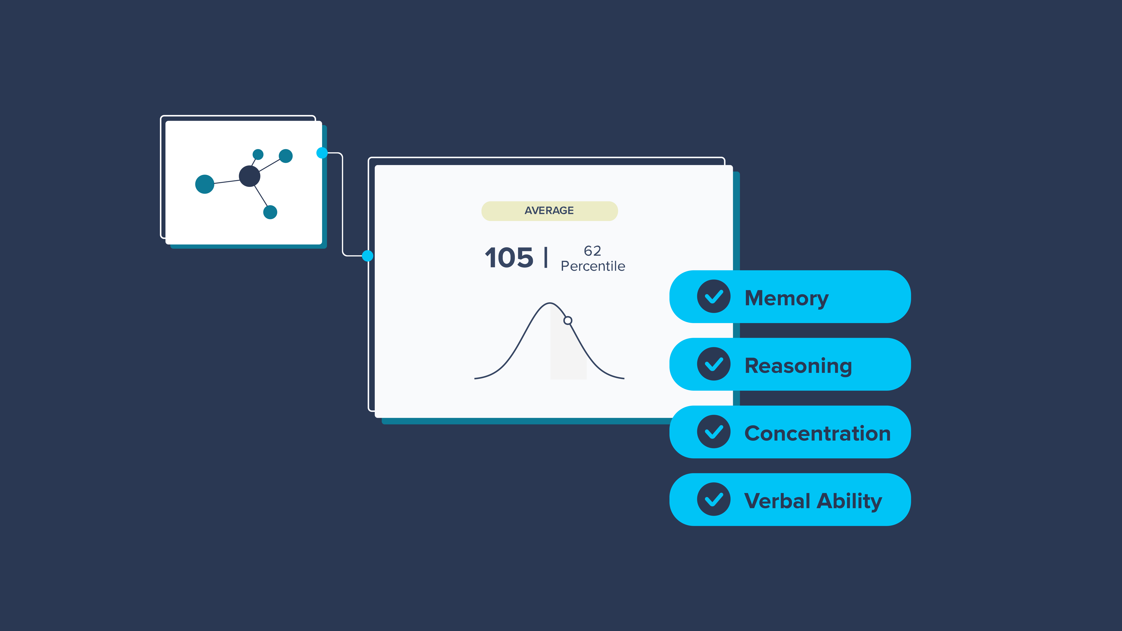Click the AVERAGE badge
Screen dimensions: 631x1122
point(549,211)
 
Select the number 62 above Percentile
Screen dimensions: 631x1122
point(592,251)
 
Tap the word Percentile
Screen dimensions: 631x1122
point(593,266)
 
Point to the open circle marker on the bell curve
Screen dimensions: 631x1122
point(568,321)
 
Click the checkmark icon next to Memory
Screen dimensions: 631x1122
point(713,297)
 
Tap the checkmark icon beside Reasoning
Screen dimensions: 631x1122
point(713,364)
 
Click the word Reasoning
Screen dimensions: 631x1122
point(798,366)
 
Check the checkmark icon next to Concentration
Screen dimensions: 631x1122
point(713,432)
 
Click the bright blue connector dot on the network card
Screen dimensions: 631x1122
point(322,153)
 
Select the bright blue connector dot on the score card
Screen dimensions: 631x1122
point(368,256)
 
